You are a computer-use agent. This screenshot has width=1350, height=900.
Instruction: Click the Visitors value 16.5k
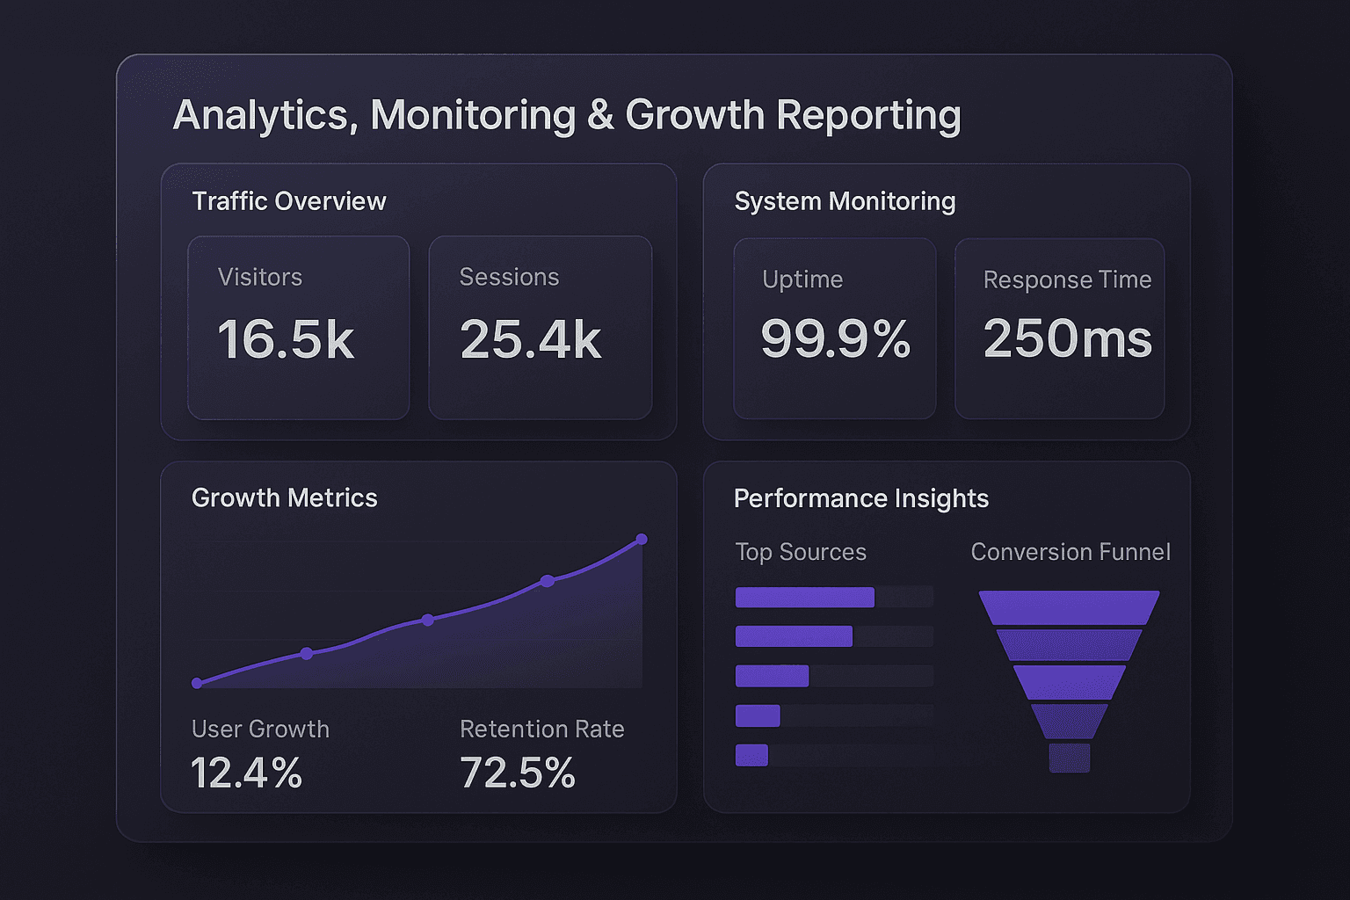pos(286,339)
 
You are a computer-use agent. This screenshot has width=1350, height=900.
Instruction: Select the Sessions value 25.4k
pos(530,339)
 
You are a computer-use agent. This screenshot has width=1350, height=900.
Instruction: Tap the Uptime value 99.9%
pos(835,338)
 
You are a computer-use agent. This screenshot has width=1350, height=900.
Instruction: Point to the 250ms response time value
pos(1067,338)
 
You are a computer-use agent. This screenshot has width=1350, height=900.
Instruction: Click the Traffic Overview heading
pos(289,201)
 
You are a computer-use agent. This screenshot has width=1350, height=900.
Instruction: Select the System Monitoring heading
pos(845,201)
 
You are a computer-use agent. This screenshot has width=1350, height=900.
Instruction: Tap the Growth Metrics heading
pos(284,497)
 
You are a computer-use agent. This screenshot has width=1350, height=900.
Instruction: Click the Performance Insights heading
pos(861,498)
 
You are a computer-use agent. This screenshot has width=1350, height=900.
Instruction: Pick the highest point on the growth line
pos(642,539)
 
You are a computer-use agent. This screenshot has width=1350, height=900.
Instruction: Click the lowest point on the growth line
pos(197,683)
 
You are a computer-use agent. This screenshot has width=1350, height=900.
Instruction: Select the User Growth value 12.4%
pos(247,773)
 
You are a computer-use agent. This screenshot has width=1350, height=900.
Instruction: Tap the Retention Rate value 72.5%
pos(518,773)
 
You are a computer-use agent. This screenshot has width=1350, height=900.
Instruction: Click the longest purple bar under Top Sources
pos(804,598)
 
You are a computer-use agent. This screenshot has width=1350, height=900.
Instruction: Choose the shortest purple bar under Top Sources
pos(751,755)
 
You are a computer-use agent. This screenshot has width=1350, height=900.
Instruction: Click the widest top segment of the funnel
pos(1069,606)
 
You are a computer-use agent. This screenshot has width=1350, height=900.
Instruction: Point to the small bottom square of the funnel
pos(1069,758)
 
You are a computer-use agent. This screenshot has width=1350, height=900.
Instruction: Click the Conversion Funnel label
pos(1071,552)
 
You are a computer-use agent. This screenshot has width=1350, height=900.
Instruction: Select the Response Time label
pos(1067,279)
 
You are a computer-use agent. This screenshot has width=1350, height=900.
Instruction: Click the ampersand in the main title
pos(600,115)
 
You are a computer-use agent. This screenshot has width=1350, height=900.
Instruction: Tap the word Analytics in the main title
pos(265,115)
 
